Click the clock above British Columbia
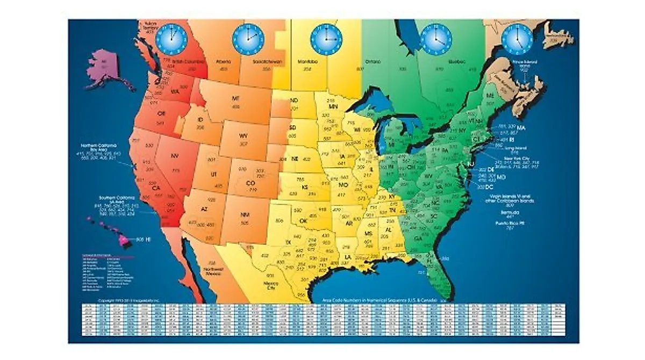(171, 38)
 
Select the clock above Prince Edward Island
(517, 39)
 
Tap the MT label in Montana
(235, 99)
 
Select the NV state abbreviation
(174, 156)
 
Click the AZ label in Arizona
(204, 207)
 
